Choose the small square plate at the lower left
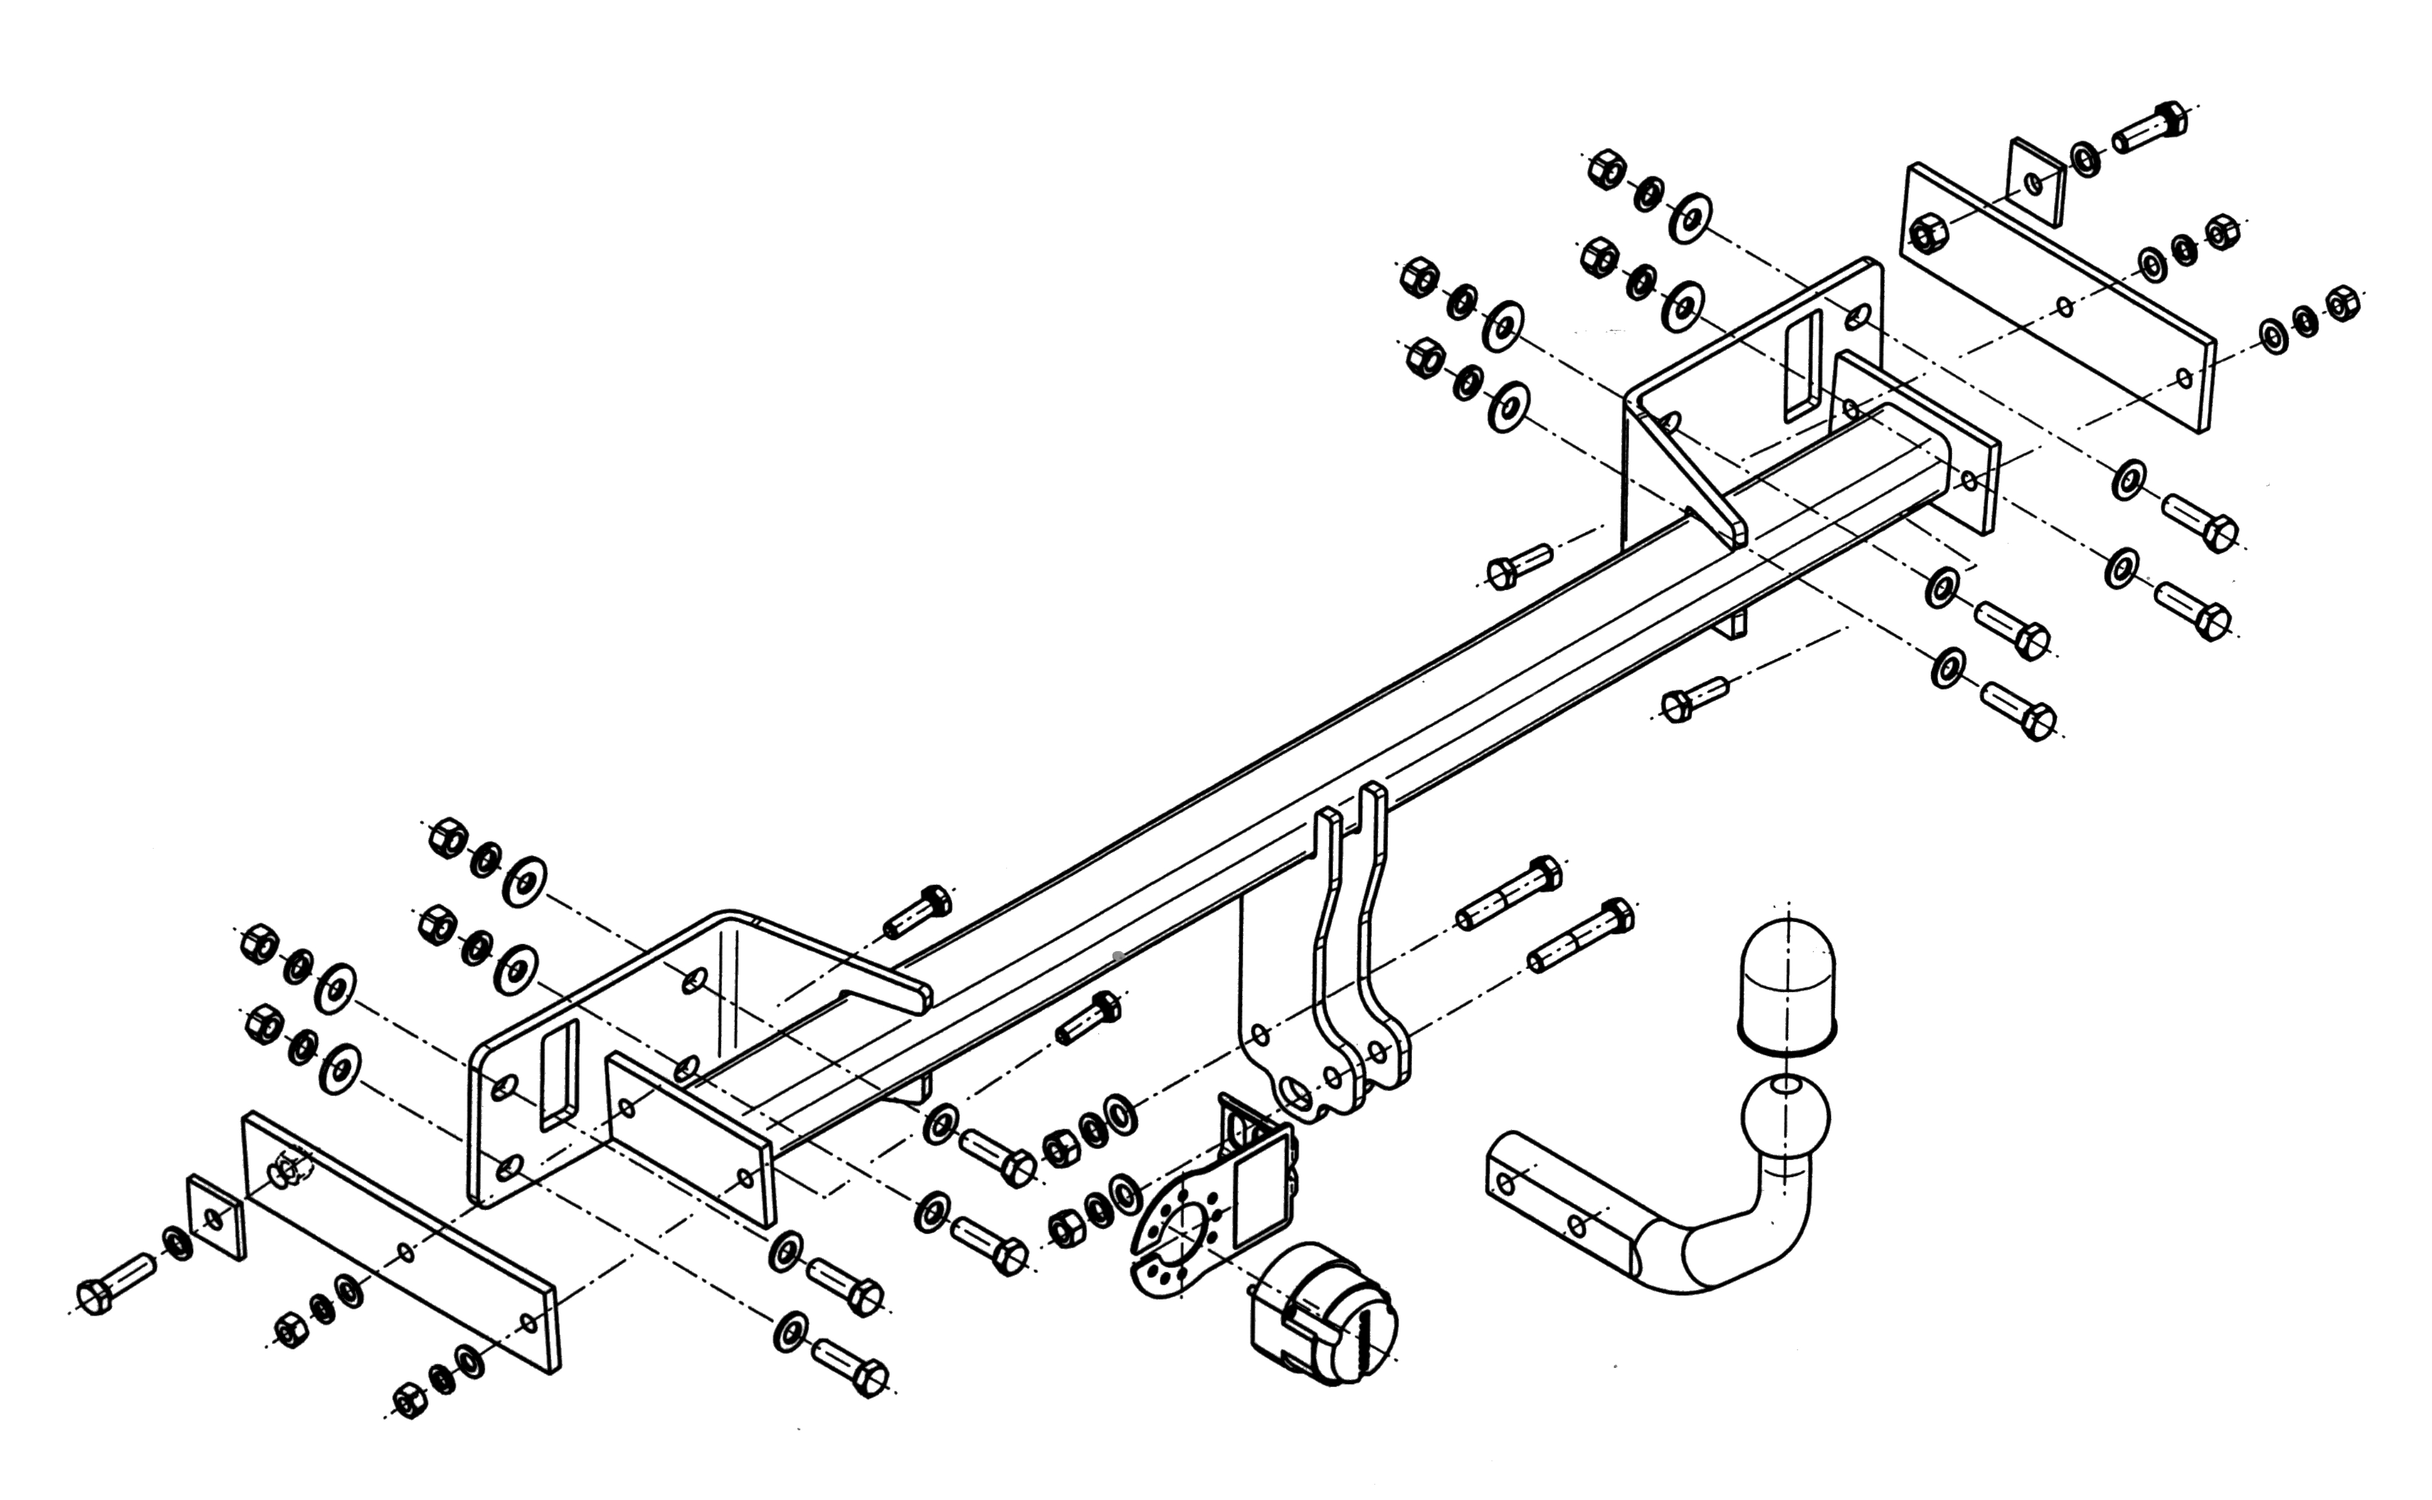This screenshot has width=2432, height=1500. tap(216, 1218)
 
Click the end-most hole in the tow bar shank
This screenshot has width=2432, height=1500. tap(1506, 1182)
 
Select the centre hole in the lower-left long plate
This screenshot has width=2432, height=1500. tap(406, 1253)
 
